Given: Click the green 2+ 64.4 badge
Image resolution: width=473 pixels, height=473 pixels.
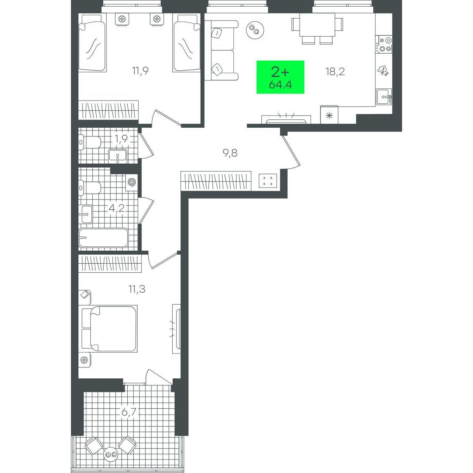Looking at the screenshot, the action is pos(280,77).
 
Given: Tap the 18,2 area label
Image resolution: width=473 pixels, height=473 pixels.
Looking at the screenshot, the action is pos(335,72).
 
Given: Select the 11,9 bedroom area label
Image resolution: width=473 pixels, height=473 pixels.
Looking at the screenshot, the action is pos(140,71).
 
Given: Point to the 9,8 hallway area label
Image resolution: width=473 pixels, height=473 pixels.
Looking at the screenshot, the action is pos(230,153).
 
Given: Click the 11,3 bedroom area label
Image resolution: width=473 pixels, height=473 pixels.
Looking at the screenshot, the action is pos(137,289).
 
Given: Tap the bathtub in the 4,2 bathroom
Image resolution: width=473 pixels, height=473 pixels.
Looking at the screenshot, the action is pos(103,238).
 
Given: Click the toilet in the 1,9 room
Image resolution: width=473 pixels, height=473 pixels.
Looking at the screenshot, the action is pos(90,142).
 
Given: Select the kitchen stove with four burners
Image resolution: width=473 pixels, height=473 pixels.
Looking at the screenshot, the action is pos(385,45).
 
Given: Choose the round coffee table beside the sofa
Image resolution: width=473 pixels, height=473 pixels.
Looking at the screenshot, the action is pos(255,30).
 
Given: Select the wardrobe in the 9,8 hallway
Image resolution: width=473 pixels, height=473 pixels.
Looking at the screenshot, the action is pos(216,181).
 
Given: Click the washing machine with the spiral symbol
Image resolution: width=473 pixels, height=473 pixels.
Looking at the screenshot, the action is pos(132,182).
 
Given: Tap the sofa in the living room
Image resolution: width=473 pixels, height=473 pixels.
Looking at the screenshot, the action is pos(221,50).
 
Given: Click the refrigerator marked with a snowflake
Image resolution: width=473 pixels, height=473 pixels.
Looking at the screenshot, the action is pos(329,115).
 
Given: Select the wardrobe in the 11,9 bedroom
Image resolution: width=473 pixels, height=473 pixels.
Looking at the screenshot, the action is pos(108,110).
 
